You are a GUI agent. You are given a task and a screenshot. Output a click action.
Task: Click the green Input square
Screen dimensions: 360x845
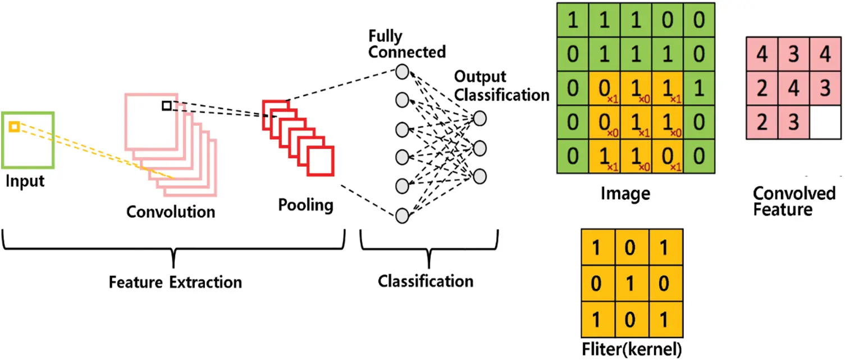pos(28,140)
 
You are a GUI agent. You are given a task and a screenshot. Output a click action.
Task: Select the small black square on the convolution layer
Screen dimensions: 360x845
pos(166,106)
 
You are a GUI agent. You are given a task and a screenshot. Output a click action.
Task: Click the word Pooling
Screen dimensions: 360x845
pos(305,205)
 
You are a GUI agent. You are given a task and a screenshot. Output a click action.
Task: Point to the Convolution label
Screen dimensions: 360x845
pos(170,212)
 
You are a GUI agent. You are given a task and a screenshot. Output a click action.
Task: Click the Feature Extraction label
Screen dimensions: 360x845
pos(175,282)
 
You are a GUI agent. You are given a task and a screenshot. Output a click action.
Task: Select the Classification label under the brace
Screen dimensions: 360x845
pos(425,280)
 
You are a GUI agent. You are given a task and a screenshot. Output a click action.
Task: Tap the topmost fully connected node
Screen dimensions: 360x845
pos(402,71)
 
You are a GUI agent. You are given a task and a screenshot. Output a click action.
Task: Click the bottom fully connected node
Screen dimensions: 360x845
pos(402,215)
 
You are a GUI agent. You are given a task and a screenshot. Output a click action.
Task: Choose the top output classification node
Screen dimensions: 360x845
pos(479,119)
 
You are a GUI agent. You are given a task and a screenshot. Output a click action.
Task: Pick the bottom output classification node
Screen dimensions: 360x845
pos(479,176)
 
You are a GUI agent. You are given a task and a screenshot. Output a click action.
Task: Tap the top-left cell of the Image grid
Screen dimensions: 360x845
pos(572,21)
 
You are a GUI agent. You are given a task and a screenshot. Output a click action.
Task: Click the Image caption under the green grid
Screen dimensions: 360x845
pos(625,194)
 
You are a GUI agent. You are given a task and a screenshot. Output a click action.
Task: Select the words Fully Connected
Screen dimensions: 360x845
pos(406,45)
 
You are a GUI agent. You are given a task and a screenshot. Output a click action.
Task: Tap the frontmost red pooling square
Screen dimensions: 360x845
pos(320,161)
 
